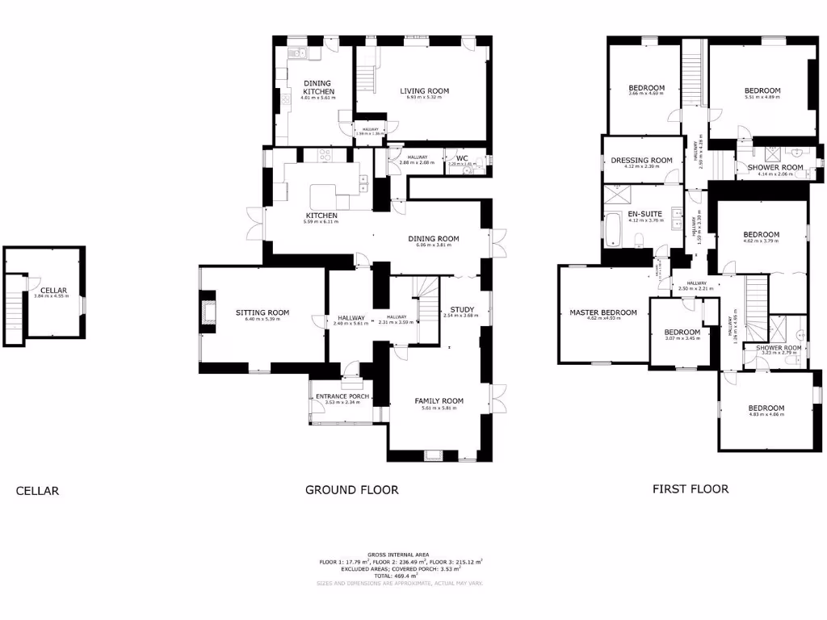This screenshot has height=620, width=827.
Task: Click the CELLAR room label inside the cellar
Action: pyautogui.click(x=54, y=290)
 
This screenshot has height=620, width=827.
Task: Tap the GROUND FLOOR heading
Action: pyautogui.click(x=351, y=489)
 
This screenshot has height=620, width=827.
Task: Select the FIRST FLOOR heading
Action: pyautogui.click(x=691, y=488)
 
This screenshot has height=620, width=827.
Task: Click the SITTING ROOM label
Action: pyautogui.click(x=262, y=312)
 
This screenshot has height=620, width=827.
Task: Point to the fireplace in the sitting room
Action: pyautogui.click(x=208, y=314)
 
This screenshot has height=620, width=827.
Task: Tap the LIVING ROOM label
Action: pyautogui.click(x=424, y=91)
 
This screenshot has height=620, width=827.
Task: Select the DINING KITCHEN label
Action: pyautogui.click(x=318, y=87)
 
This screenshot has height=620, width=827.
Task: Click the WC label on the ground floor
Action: pyautogui.click(x=462, y=157)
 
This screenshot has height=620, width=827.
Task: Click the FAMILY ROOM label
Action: pyautogui.click(x=439, y=401)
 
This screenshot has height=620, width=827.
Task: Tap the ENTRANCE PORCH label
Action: pyautogui.click(x=342, y=396)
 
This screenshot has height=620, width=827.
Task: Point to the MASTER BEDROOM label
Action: pyautogui.click(x=602, y=312)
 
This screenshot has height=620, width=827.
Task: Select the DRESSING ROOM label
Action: pyautogui.click(x=641, y=161)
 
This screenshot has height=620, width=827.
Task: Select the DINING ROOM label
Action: pyautogui.click(x=433, y=239)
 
